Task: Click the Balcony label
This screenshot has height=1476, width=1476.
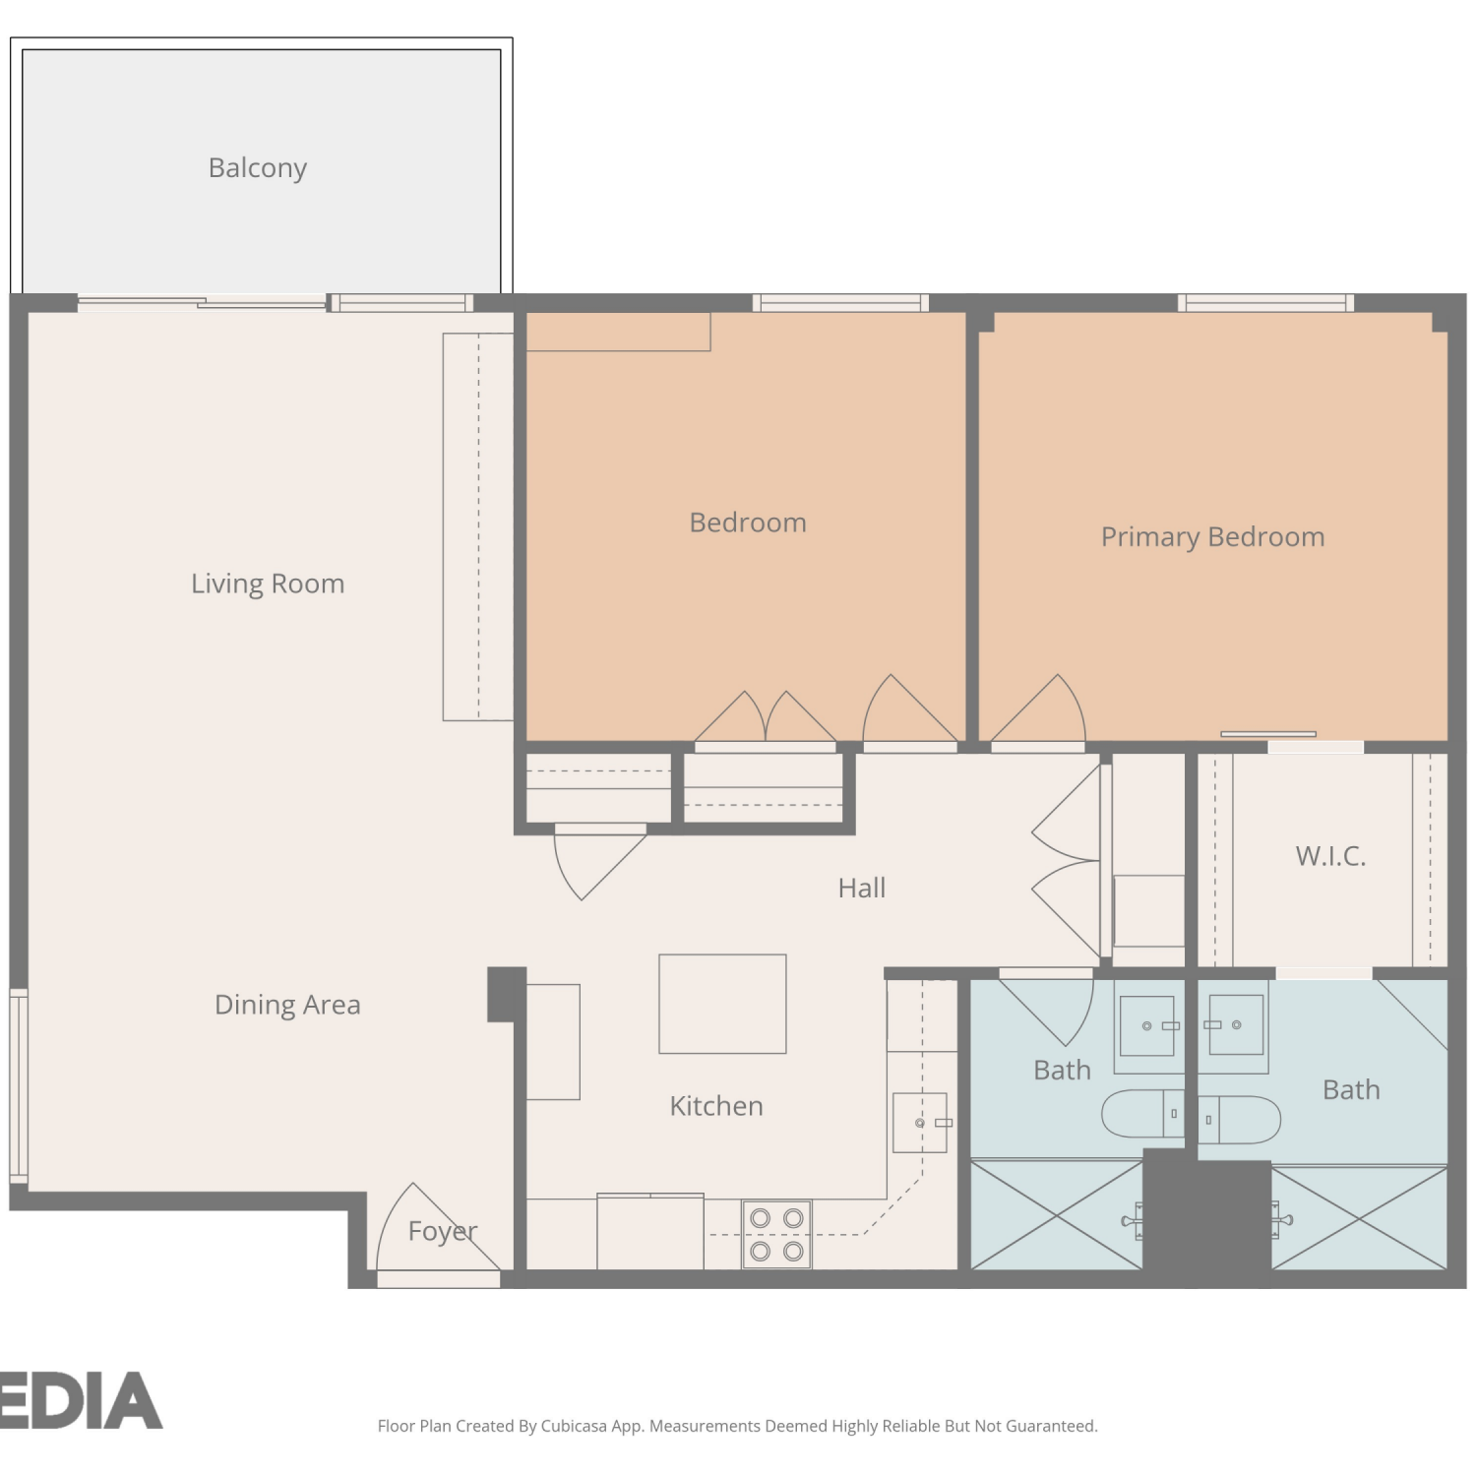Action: tap(258, 168)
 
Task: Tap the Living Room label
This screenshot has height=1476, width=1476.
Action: tap(268, 584)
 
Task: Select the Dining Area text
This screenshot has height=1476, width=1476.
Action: tap(287, 1005)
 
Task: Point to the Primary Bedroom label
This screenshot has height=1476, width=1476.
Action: tap(1212, 537)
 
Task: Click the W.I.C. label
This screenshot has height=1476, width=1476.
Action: tap(1330, 856)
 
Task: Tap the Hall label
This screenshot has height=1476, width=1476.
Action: tap(862, 889)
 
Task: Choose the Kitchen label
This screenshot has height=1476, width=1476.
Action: tap(716, 1106)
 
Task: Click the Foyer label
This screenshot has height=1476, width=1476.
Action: tap(443, 1232)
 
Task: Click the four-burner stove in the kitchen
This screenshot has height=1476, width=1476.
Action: tap(776, 1234)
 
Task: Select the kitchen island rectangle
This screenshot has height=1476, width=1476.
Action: tap(722, 1004)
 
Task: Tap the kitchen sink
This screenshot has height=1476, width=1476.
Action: tap(920, 1123)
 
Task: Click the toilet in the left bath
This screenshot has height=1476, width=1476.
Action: tap(1142, 1114)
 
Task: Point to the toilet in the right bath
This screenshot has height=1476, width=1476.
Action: tap(1239, 1120)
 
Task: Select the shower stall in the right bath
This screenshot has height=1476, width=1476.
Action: tap(1359, 1218)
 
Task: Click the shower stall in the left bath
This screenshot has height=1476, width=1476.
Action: tap(1057, 1215)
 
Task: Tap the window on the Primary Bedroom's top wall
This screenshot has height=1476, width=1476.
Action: tap(1265, 303)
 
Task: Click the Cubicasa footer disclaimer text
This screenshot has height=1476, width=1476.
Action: tap(737, 1426)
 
